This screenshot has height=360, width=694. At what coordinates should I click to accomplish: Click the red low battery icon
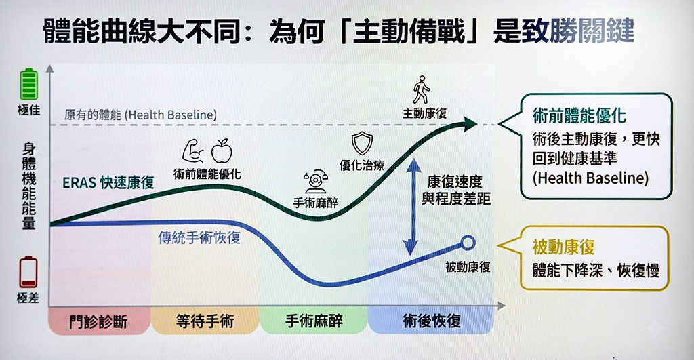tap(28, 271)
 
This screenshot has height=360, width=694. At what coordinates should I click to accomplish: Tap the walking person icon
tap(422, 90)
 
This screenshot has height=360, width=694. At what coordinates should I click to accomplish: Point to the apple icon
tap(222, 150)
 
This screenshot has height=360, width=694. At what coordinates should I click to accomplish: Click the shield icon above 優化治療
tap(362, 143)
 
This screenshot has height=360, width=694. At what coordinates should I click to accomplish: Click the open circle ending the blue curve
tap(468, 242)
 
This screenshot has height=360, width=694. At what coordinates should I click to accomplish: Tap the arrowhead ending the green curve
tap(470, 123)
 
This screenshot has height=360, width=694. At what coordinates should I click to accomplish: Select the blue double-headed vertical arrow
tap(409, 203)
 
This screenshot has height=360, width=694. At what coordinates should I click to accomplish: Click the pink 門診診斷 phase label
tap(99, 321)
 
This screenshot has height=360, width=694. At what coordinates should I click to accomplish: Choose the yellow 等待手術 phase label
tap(204, 321)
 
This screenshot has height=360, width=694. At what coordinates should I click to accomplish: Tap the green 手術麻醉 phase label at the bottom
tap(313, 321)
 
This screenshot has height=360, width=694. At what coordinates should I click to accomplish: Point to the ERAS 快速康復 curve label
tap(108, 182)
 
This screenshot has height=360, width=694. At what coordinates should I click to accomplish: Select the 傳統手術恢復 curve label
tap(199, 238)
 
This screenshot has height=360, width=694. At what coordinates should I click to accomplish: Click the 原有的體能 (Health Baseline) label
tap(140, 115)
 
